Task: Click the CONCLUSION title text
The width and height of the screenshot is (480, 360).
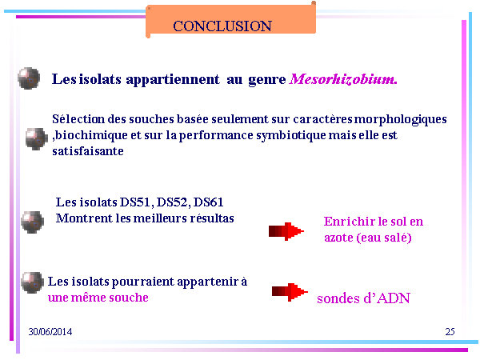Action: pyautogui.click(x=222, y=26)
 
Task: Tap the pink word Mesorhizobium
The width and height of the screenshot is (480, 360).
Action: pyautogui.click(x=343, y=79)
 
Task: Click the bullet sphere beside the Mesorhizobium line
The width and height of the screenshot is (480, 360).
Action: pyautogui.click(x=29, y=78)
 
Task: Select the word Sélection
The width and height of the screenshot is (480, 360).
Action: pyautogui.click(x=78, y=118)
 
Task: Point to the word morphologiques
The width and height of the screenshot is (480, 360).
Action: pyautogui.click(x=401, y=120)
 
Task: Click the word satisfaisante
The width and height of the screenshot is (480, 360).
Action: pyautogui.click(x=88, y=151)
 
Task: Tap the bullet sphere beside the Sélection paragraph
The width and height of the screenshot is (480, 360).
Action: pyautogui.click(x=37, y=139)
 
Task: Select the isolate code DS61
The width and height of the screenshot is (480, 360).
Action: pyautogui.click(x=209, y=202)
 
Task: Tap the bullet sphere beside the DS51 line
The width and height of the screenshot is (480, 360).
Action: pyautogui.click(x=33, y=222)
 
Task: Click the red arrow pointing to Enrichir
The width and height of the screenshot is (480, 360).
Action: pyautogui.click(x=286, y=231)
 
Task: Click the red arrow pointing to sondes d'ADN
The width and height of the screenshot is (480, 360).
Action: pyautogui.click(x=290, y=292)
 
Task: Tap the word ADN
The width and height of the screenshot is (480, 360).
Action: pyautogui.click(x=394, y=298)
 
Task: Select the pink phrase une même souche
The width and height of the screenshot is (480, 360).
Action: pyautogui.click(x=98, y=298)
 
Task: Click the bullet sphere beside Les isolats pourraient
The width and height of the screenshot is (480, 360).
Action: pyautogui.click(x=32, y=282)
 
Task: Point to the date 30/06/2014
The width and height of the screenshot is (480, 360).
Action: pyautogui.click(x=50, y=332)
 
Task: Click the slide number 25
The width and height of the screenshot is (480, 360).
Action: pyautogui.click(x=450, y=331)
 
